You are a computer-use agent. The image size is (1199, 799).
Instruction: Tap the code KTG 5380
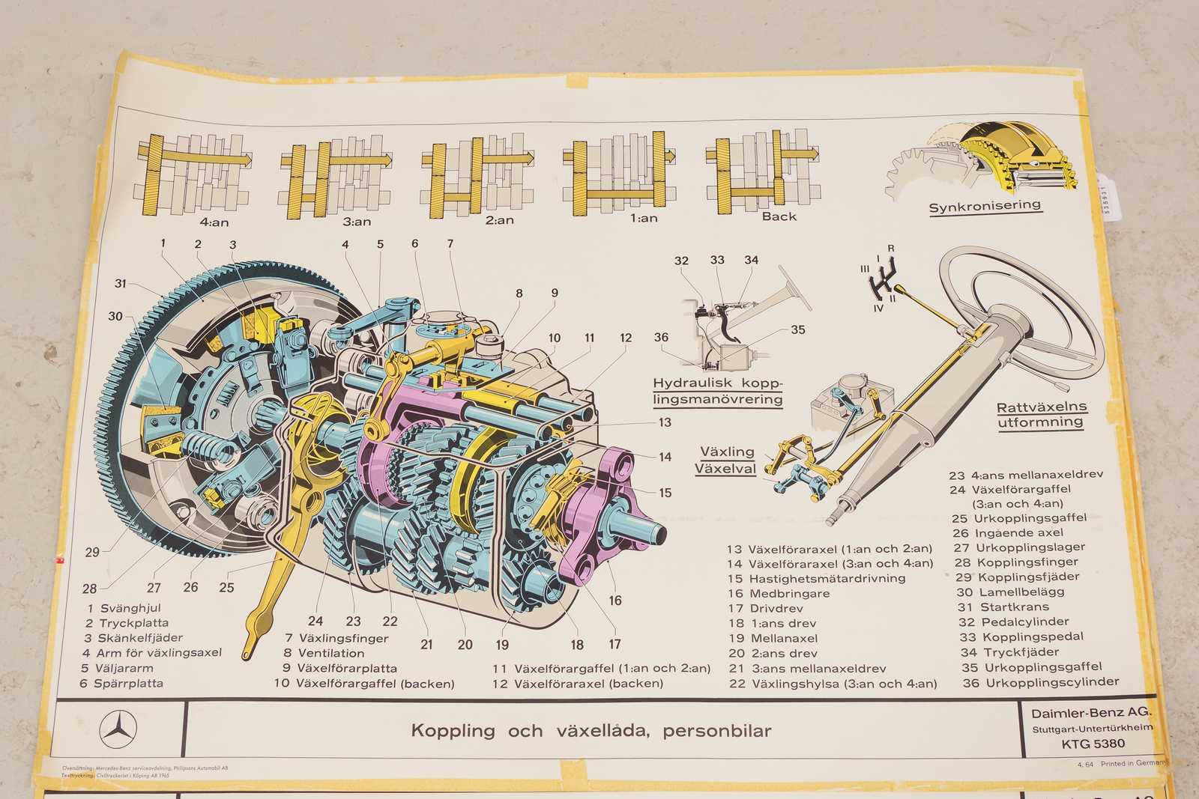[x=1093, y=744]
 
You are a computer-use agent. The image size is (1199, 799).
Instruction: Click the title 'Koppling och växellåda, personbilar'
[x=591, y=730]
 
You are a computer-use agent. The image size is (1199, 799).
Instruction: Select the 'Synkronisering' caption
[x=985, y=206]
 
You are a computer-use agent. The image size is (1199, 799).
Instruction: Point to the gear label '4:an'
[x=214, y=222]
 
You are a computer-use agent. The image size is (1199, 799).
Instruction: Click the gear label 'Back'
[x=779, y=216]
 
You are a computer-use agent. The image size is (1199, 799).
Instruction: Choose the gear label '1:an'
[x=644, y=219]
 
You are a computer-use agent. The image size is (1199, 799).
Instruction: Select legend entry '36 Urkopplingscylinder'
[x=1041, y=682]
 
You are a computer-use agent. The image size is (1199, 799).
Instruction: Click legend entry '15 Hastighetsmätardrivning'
[x=816, y=578]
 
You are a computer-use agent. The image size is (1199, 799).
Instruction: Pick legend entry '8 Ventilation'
[x=324, y=653]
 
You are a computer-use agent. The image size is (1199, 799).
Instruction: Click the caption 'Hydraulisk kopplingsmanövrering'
[x=717, y=391]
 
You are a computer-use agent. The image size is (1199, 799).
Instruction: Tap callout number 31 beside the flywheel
[x=121, y=283]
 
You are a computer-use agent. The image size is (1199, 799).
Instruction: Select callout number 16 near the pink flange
[x=614, y=600]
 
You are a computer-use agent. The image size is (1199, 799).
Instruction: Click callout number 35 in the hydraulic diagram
[x=797, y=329]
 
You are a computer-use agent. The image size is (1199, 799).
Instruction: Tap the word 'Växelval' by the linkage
[x=725, y=470]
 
